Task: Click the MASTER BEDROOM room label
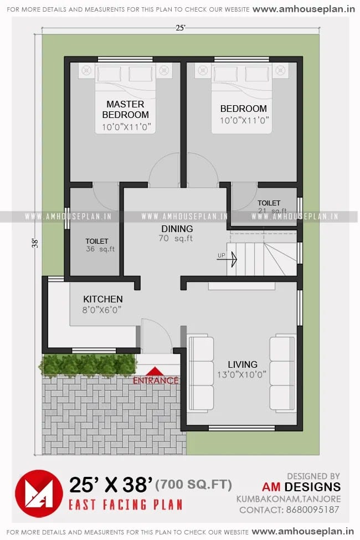coord(125,110)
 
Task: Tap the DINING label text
coord(177,229)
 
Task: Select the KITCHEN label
coord(103,299)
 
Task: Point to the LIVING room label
coord(243,364)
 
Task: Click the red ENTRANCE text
coord(156,380)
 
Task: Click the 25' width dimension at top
coord(179,27)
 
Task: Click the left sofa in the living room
coord(200,374)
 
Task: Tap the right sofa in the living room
coord(282,373)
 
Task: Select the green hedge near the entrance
coord(88,365)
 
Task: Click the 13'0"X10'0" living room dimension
coord(242,375)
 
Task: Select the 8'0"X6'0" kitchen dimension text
coord(103,310)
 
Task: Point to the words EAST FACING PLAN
coord(125,505)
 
